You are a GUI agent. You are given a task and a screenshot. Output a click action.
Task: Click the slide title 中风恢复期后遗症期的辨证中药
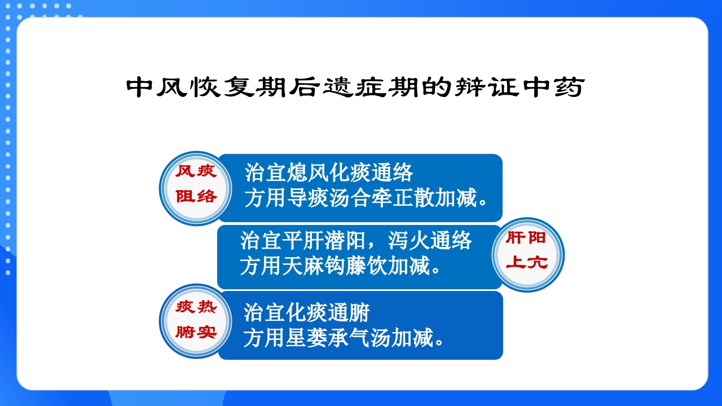354,87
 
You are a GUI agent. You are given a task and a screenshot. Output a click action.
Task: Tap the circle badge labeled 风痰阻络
196,188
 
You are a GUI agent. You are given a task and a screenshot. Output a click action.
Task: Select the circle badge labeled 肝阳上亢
527,255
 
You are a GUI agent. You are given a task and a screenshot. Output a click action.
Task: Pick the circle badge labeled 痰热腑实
196,321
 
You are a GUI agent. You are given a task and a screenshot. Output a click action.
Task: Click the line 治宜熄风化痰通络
329,172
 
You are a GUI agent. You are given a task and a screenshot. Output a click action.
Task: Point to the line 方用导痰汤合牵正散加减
367,198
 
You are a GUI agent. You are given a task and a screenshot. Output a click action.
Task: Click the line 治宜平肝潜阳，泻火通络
355,240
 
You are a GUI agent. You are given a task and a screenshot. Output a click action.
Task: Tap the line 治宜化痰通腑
306,312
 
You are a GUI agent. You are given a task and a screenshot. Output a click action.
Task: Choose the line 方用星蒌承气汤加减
344,338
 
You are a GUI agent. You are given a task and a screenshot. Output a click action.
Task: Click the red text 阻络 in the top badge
196,197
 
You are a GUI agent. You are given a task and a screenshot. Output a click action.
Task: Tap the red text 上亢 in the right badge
526,263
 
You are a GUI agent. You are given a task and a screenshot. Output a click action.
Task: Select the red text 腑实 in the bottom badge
196,332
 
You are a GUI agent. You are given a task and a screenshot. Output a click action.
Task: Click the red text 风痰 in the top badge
196,171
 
